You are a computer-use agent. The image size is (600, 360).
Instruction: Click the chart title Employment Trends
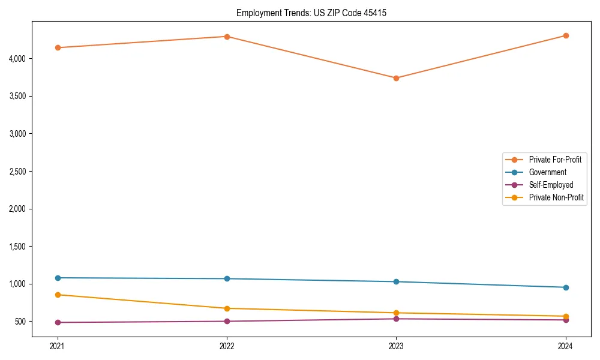(x=307, y=13)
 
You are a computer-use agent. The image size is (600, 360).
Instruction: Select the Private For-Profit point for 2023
(x=396, y=78)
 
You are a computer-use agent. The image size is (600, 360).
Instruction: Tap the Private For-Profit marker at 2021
(x=58, y=47)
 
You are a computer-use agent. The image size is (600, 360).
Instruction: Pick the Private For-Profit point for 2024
(x=566, y=35)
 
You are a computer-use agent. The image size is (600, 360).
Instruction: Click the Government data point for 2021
(x=58, y=278)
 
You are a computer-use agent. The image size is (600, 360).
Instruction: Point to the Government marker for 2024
(x=566, y=287)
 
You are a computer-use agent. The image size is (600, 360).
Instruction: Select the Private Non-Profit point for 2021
(x=58, y=295)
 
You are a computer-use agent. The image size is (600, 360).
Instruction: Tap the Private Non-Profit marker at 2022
(x=227, y=308)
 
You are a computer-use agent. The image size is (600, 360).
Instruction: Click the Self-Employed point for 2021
(x=58, y=322)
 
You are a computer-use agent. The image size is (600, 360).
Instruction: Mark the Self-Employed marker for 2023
(x=396, y=319)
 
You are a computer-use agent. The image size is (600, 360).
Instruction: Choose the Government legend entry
(x=547, y=172)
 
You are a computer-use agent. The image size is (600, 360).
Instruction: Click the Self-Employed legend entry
(x=551, y=185)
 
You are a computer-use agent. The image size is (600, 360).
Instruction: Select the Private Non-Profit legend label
(x=556, y=197)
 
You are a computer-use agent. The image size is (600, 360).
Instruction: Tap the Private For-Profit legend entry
(x=555, y=160)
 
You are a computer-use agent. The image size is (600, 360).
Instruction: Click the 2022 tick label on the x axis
(x=227, y=346)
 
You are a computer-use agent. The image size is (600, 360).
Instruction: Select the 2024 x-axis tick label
(x=566, y=346)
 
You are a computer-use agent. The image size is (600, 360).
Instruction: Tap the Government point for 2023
(x=396, y=281)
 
